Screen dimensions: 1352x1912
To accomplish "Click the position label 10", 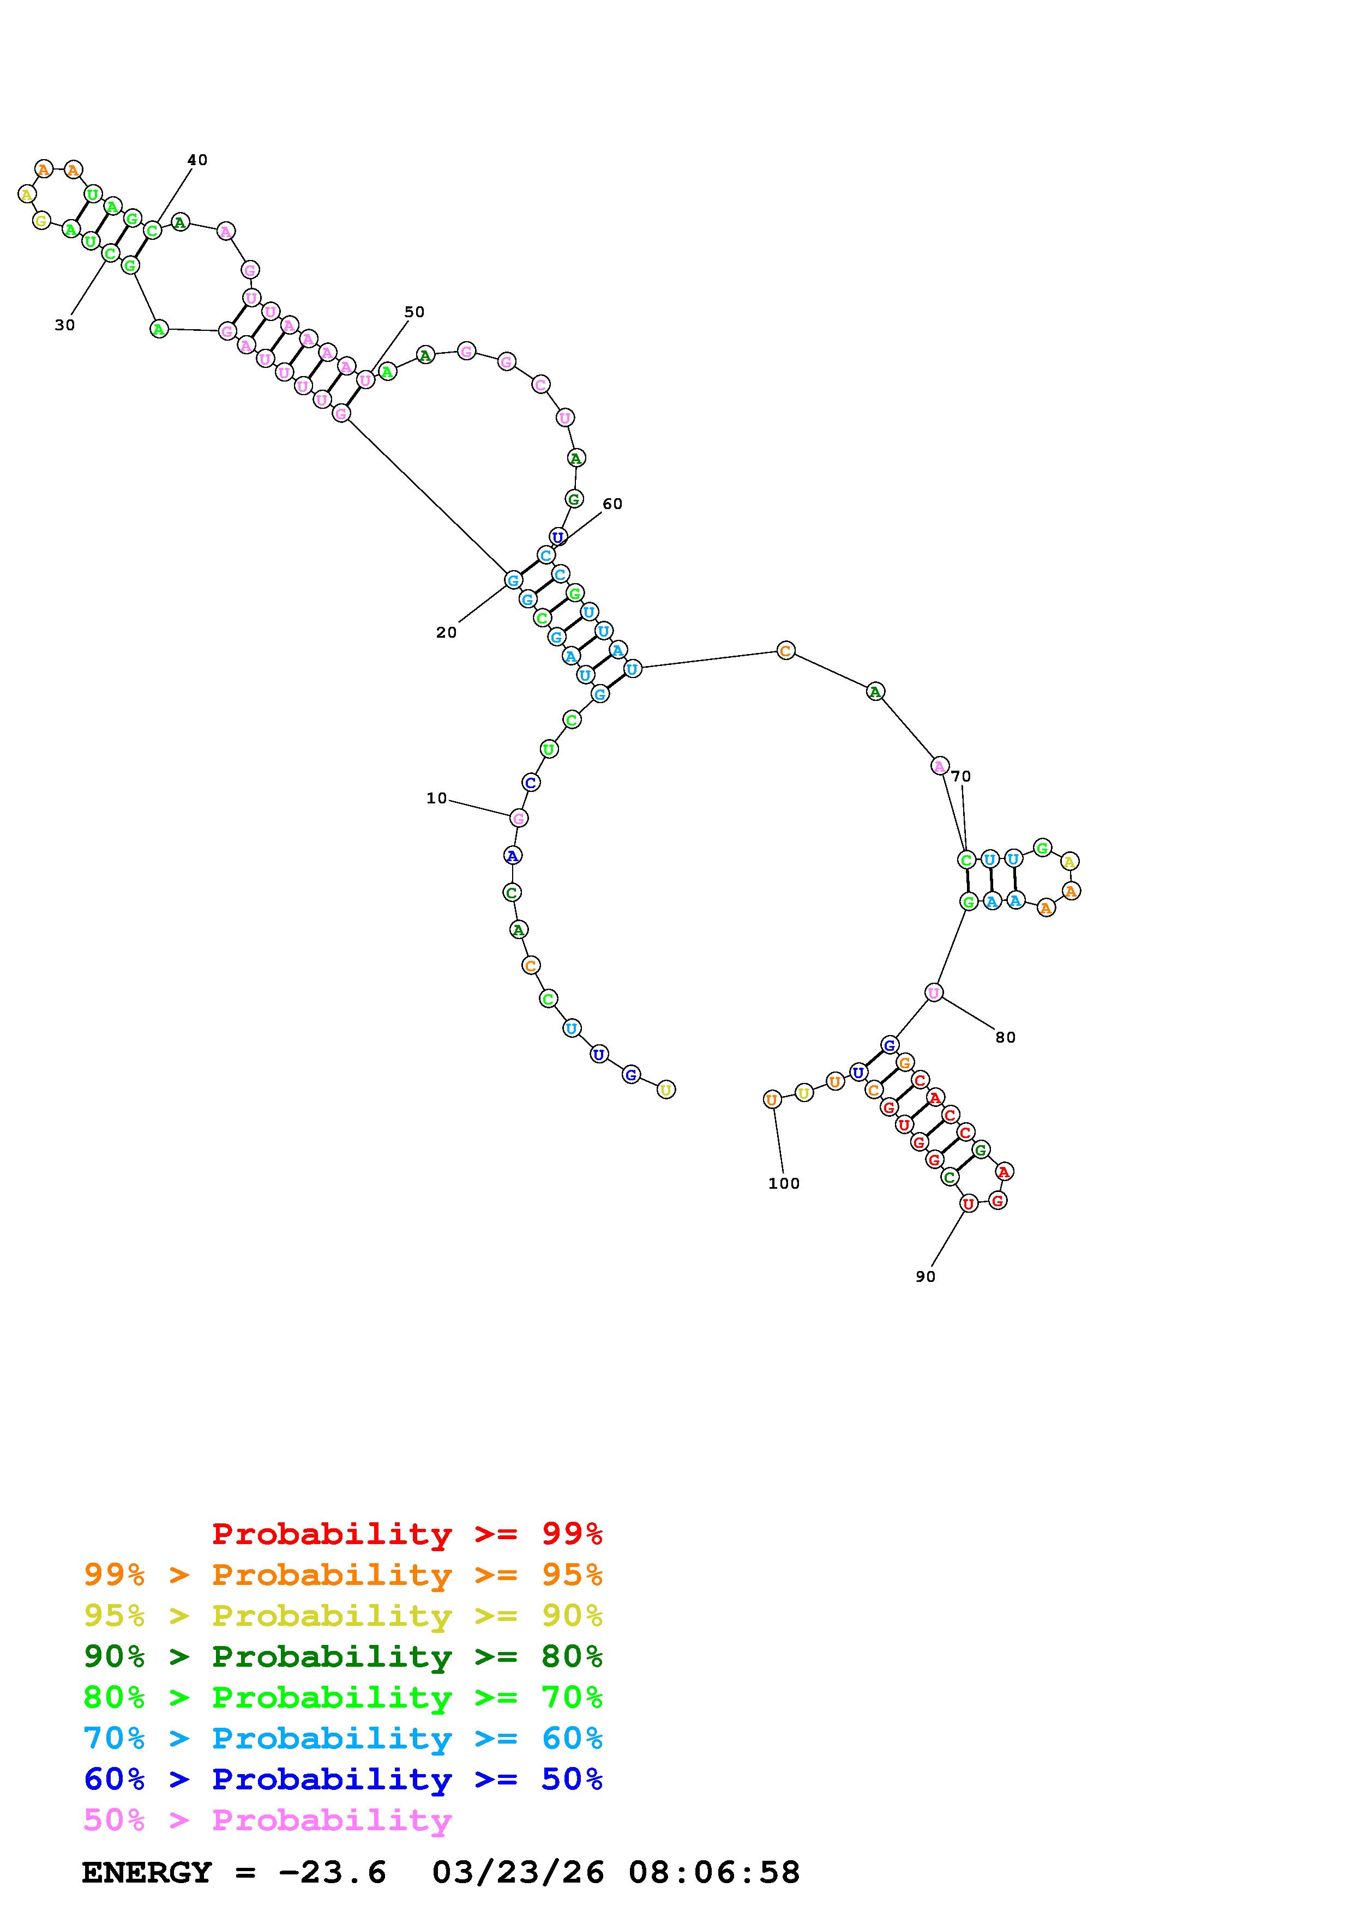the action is click(436, 798).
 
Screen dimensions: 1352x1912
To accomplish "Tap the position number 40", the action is click(197, 160).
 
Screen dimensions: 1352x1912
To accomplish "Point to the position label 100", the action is click(784, 1183).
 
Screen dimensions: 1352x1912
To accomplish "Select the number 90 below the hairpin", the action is click(926, 1276).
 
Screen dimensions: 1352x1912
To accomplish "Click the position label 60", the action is click(612, 504).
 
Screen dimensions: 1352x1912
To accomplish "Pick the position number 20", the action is click(447, 633).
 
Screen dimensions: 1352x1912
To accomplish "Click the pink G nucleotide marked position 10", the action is click(518, 819).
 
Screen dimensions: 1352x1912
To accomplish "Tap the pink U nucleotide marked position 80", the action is click(934, 993).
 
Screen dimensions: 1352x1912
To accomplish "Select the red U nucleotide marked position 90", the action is click(968, 1203).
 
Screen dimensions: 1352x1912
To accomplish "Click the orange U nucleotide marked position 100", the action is click(772, 1099).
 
